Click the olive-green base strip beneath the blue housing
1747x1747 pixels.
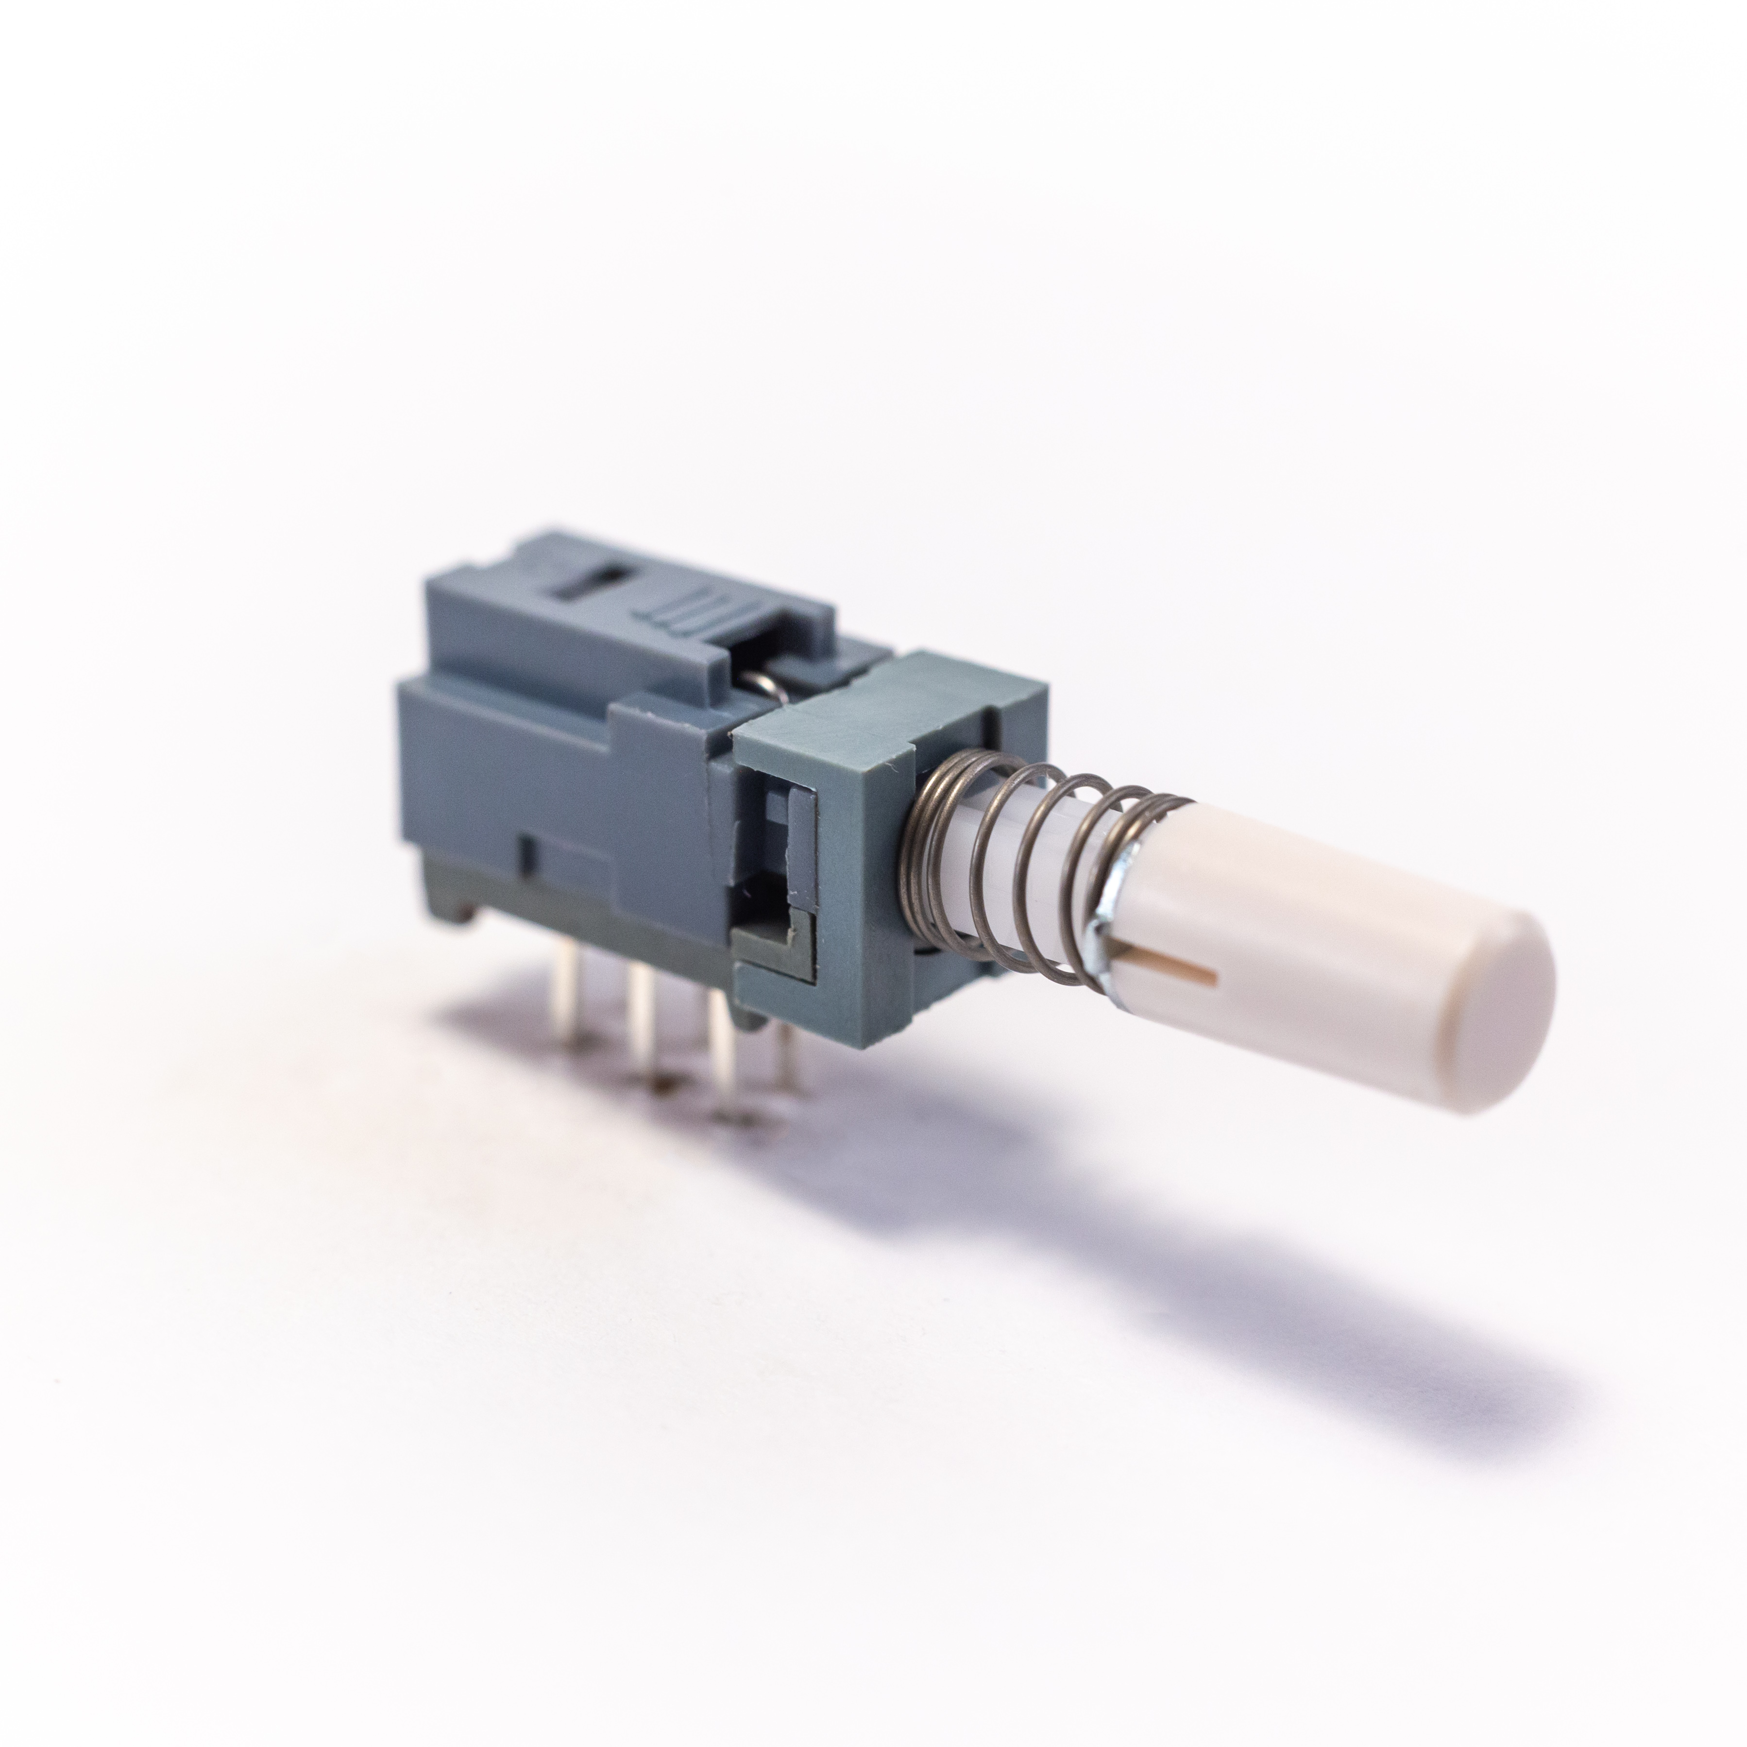click(x=579, y=913)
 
